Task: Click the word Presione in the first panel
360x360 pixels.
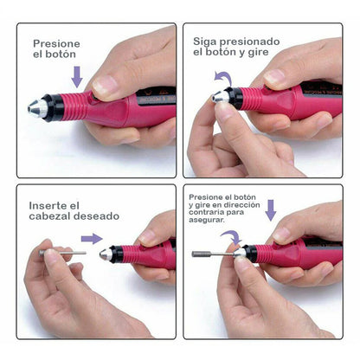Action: click(x=57, y=42)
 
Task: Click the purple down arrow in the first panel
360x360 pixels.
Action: click(x=77, y=75)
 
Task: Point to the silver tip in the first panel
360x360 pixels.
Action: click(x=34, y=108)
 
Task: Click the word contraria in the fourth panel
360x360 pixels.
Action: click(x=212, y=214)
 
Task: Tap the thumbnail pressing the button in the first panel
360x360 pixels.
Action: click(x=105, y=85)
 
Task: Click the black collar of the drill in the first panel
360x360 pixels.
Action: click(x=53, y=108)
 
